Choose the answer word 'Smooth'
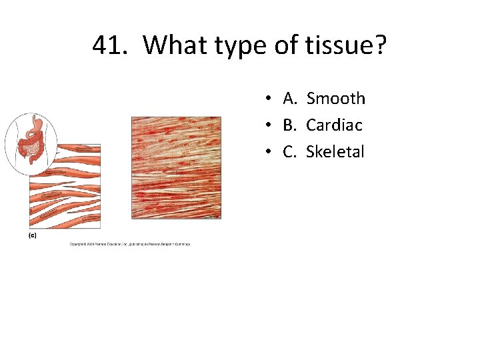point(335,99)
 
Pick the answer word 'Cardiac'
point(334,125)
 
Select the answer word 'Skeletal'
point(335,152)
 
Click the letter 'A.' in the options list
point(290,99)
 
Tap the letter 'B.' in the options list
point(290,125)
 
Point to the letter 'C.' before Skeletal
point(290,152)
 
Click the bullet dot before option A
point(266,99)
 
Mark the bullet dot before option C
point(266,153)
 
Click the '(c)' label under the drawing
point(32,235)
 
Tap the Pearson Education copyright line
point(130,244)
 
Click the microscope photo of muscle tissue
point(176,167)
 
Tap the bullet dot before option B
point(266,126)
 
